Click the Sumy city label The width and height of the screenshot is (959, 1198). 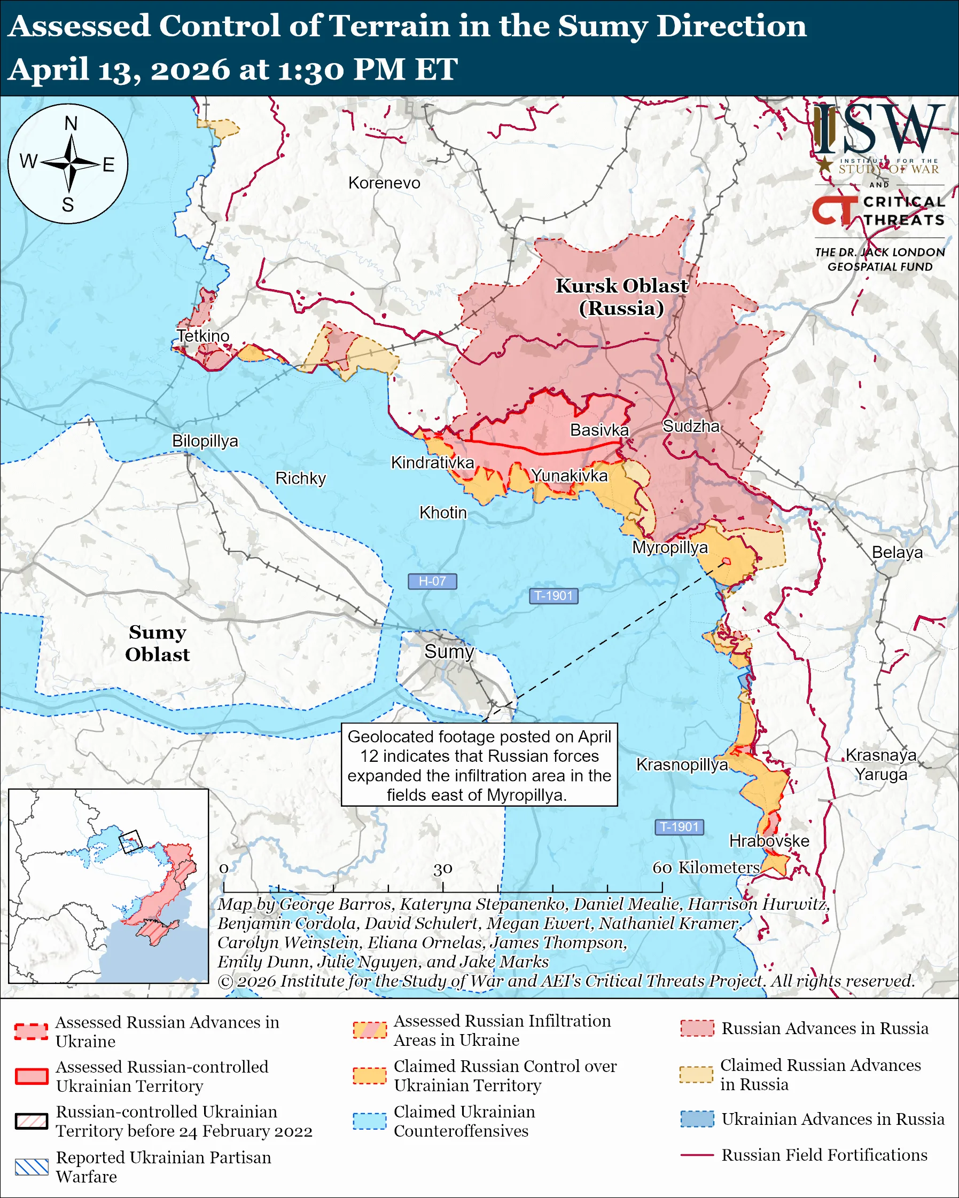[449, 651]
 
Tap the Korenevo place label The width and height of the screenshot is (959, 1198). [384, 183]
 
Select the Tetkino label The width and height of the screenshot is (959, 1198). [203, 336]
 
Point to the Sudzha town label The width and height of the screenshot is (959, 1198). [691, 426]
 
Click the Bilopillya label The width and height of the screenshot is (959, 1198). [205, 440]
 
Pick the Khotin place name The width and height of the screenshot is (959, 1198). [442, 513]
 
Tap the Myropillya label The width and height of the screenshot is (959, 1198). [670, 547]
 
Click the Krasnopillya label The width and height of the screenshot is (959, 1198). [682, 764]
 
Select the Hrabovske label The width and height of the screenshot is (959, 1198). [769, 841]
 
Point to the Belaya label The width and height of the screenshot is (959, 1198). [896, 553]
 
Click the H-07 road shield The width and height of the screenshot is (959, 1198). [432, 581]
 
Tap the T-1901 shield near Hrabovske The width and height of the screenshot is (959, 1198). [679, 827]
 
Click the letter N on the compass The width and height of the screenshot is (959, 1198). [71, 123]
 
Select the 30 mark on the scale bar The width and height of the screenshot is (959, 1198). [442, 869]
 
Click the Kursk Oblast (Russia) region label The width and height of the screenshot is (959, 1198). [621, 297]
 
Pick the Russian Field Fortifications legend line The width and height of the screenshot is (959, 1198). [697, 1155]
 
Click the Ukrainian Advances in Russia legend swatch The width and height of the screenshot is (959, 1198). [697, 1119]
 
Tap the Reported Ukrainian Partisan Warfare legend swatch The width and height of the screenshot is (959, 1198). [32, 1167]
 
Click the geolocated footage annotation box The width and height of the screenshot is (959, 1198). [479, 765]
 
